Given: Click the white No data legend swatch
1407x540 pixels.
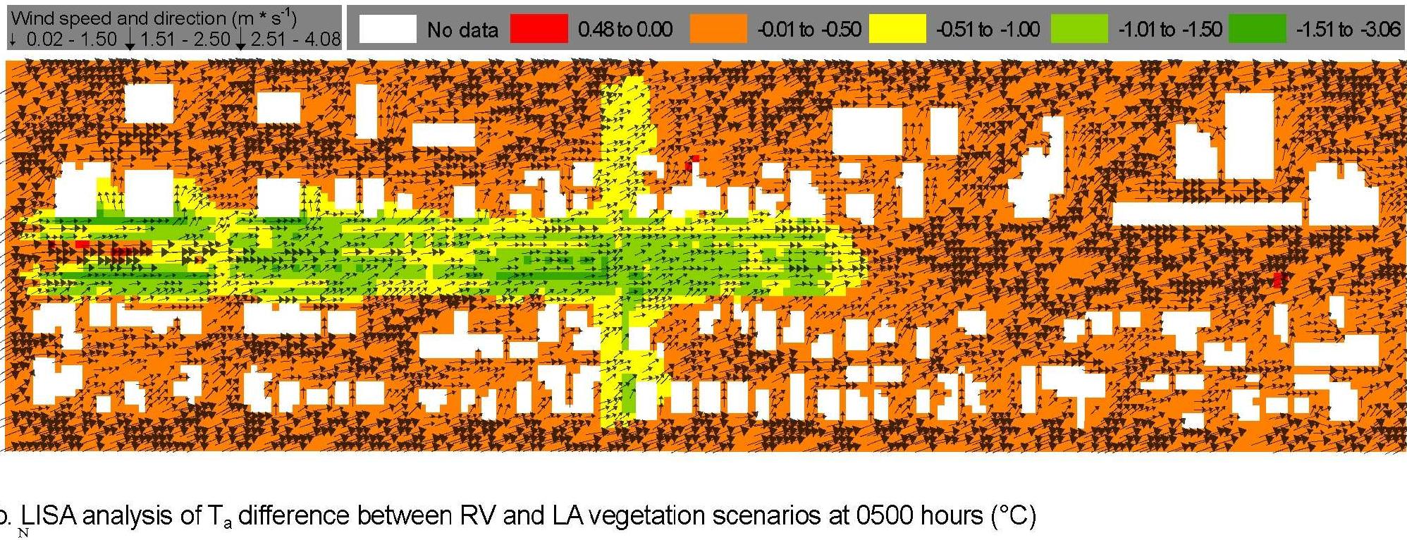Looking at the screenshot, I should [x=387, y=29].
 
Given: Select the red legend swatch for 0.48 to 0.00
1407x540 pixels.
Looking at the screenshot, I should [x=539, y=29].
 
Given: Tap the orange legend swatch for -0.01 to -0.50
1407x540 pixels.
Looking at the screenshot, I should [x=718, y=29].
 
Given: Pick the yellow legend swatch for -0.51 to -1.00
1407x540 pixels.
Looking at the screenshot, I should [x=897, y=29].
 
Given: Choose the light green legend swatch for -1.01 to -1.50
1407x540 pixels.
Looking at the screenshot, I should [x=1079, y=29].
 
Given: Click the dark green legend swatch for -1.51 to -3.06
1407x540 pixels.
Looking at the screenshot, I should [x=1257, y=29].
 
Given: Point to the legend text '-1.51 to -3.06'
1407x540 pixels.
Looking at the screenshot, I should [x=1348, y=29].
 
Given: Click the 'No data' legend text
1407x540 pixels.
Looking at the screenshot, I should [x=462, y=30].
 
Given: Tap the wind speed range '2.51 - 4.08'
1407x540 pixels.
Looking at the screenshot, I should [x=295, y=39].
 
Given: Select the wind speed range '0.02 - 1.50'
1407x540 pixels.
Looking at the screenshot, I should [x=71, y=39].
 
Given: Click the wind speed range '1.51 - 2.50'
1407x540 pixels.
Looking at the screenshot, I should [x=185, y=39].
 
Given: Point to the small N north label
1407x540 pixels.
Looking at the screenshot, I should [x=23, y=533].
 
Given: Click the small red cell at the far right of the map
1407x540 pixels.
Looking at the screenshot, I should [x=1278, y=279].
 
